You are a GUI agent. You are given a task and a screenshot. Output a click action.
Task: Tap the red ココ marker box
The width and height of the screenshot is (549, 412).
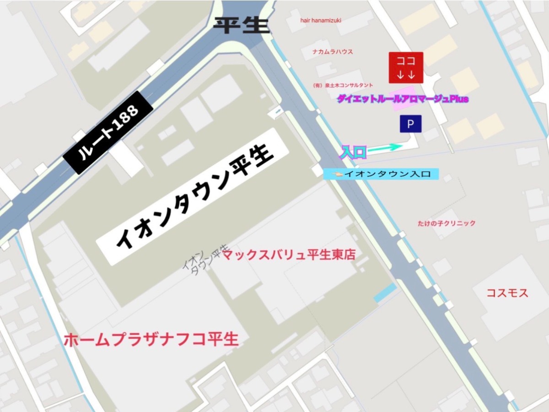[406, 68]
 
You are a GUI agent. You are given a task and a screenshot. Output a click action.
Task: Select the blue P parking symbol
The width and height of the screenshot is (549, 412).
[410, 124]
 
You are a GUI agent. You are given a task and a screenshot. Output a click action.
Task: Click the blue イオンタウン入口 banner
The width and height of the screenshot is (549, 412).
[381, 174]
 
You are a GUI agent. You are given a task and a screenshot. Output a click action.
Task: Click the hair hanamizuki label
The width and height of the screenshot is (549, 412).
[321, 21]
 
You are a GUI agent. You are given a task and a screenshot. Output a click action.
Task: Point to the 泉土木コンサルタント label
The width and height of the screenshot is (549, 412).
[343, 85]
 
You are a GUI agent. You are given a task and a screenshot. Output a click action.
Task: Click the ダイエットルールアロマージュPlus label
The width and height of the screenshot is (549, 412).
[403, 99]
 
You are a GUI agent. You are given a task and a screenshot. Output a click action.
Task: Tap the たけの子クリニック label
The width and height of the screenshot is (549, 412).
[446, 223]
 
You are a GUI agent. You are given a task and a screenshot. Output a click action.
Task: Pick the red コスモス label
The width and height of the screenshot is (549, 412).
[507, 293]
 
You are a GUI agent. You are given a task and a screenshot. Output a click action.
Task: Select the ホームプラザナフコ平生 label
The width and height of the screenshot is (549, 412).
[151, 340]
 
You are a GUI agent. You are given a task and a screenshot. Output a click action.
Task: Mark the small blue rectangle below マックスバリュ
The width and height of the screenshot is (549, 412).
[386, 293]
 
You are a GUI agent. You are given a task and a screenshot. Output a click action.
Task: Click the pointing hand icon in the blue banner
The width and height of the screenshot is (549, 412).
[337, 174]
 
